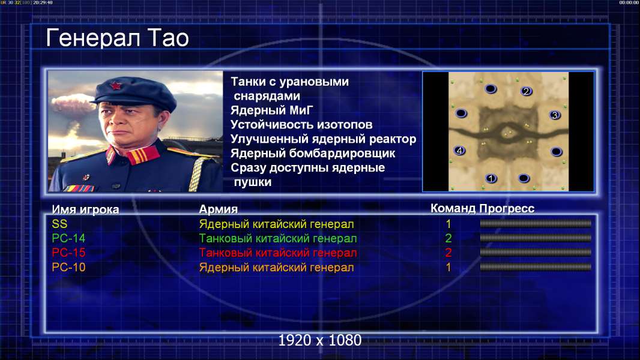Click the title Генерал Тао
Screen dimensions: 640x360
(x=117, y=38)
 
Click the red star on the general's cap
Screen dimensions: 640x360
(x=115, y=86)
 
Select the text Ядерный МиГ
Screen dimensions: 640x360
(x=271, y=110)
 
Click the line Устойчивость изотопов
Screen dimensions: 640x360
(x=301, y=124)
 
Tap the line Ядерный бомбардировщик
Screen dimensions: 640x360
(x=313, y=153)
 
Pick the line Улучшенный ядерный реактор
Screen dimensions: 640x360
(x=323, y=139)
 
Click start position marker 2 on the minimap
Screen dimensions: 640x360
(x=526, y=91)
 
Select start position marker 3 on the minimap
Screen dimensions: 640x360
(x=555, y=115)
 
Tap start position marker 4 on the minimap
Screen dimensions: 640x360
(x=460, y=151)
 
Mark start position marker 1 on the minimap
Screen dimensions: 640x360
(x=491, y=178)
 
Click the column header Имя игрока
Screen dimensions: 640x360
(x=85, y=209)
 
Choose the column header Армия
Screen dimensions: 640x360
(x=219, y=209)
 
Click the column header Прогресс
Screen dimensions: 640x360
(x=507, y=208)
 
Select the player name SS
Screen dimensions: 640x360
(x=59, y=224)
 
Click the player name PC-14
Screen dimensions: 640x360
(x=68, y=238)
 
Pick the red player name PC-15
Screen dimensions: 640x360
(x=68, y=253)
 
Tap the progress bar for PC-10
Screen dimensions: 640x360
(x=536, y=268)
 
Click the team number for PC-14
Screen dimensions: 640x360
(x=448, y=238)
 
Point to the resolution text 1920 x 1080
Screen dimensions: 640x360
(x=320, y=340)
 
